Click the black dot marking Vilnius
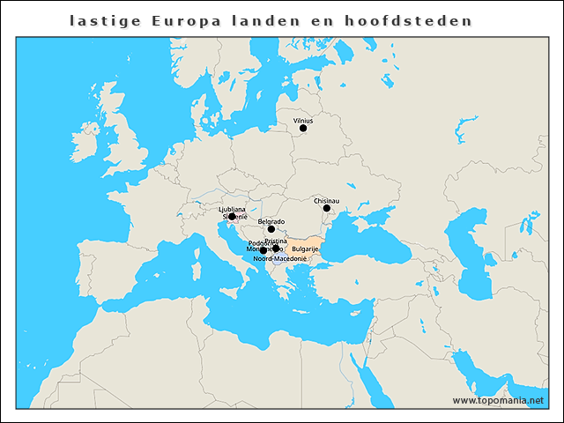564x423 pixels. click(303, 128)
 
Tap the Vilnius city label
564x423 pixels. click(303, 120)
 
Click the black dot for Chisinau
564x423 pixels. click(327, 209)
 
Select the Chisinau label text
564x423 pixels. click(327, 201)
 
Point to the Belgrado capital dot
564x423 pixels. click(271, 229)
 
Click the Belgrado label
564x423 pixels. click(271, 221)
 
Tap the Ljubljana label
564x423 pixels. click(233, 209)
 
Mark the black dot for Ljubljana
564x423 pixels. click(232, 216)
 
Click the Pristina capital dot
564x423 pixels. click(276, 249)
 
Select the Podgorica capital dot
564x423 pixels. click(263, 251)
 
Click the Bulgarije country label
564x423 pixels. click(305, 249)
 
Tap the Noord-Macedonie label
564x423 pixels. click(279, 259)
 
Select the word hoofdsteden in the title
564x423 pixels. click(422, 20)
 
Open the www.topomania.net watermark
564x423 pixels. click(498, 400)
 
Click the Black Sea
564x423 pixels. click(370, 238)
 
